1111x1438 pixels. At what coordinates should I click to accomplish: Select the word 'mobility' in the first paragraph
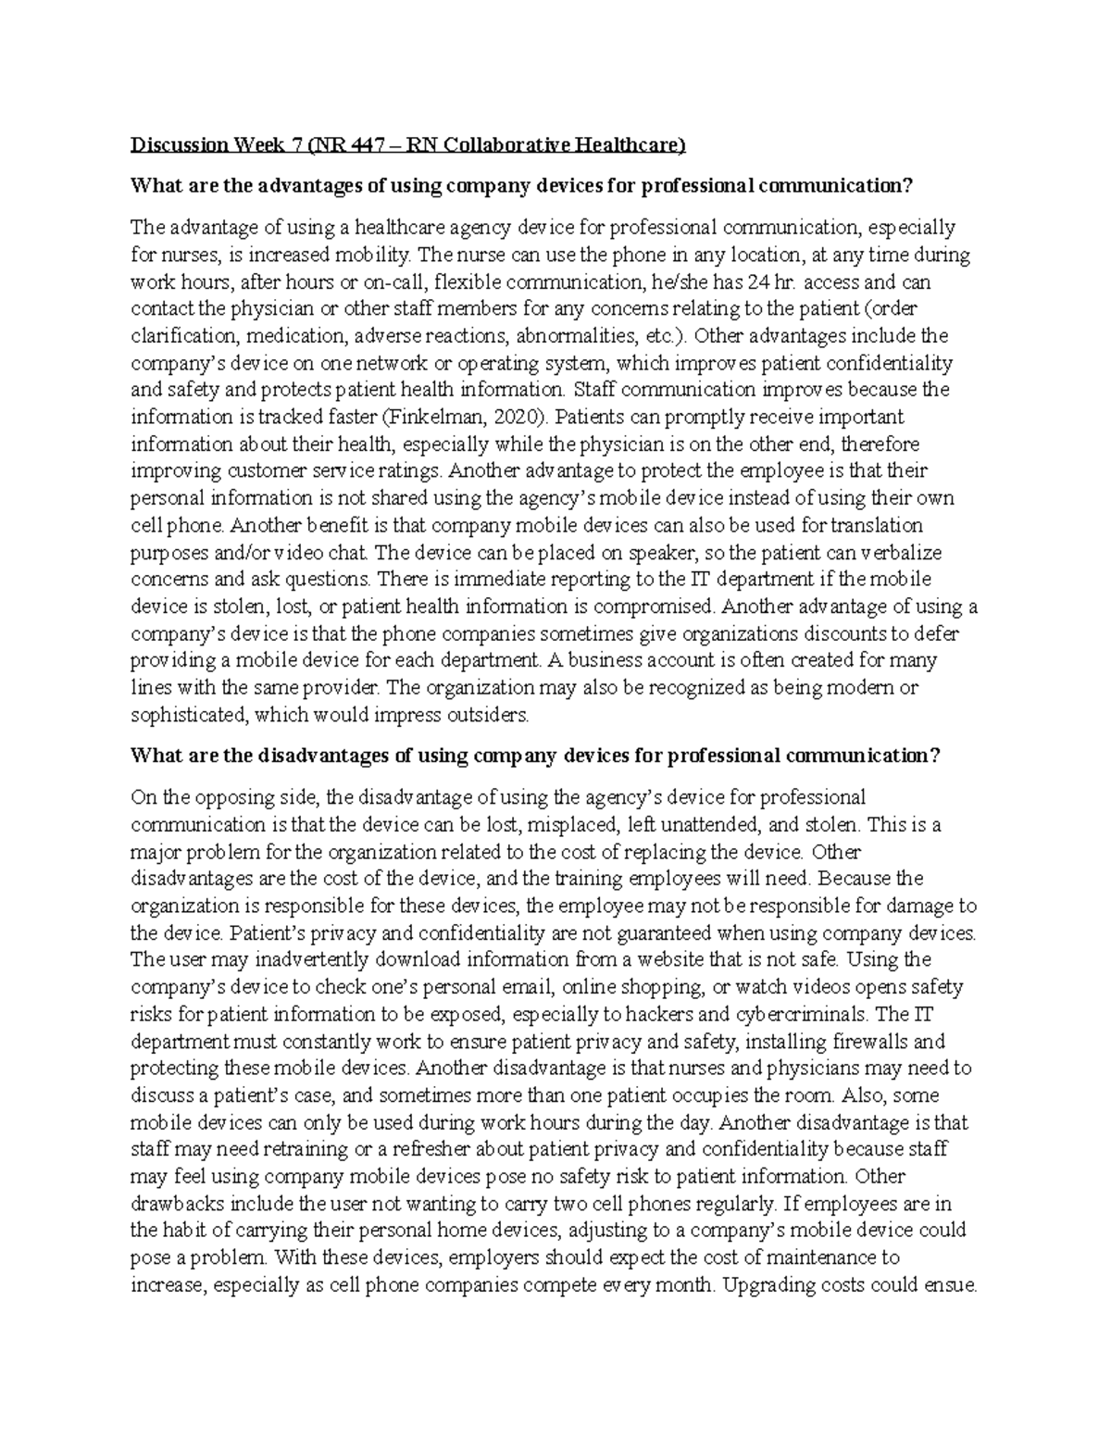point(371,254)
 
